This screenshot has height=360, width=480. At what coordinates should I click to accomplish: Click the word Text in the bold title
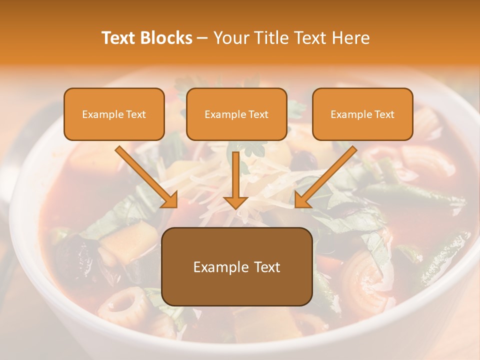119,38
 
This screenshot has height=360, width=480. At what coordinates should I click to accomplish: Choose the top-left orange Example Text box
114,114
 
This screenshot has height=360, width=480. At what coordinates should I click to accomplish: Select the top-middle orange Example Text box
236,114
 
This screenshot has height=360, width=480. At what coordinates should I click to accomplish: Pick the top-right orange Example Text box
362,114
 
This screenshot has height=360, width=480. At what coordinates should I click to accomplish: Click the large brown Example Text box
237,266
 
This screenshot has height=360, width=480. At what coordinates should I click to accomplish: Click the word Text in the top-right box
384,114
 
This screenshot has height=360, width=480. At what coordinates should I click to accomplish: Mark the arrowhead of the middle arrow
235,201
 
